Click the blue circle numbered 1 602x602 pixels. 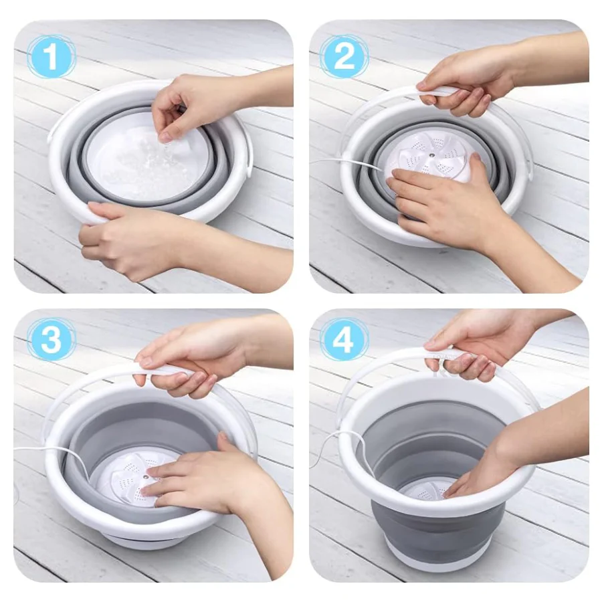pyautogui.click(x=51, y=56)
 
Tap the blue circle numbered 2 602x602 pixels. pyautogui.click(x=344, y=56)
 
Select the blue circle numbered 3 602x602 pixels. pyautogui.click(x=51, y=339)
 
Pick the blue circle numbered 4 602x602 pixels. pyautogui.click(x=344, y=339)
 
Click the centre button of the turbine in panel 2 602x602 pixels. pyautogui.click(x=433, y=155)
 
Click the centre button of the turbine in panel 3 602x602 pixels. pyautogui.click(x=146, y=477)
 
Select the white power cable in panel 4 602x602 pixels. pyautogui.click(x=338, y=445)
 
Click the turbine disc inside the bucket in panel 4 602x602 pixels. pyautogui.click(x=422, y=492)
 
